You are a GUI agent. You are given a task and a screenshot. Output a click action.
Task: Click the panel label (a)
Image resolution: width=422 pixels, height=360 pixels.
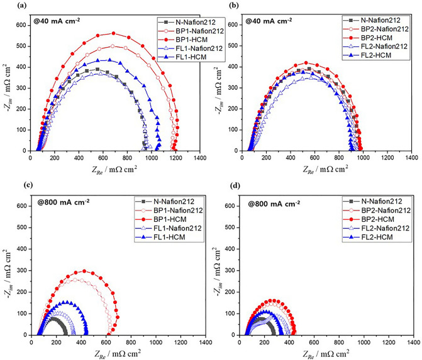pyautogui.click(x=7, y=6)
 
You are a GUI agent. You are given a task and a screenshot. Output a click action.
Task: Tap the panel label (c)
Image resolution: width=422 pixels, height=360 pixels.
pyautogui.click(x=7, y=188)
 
